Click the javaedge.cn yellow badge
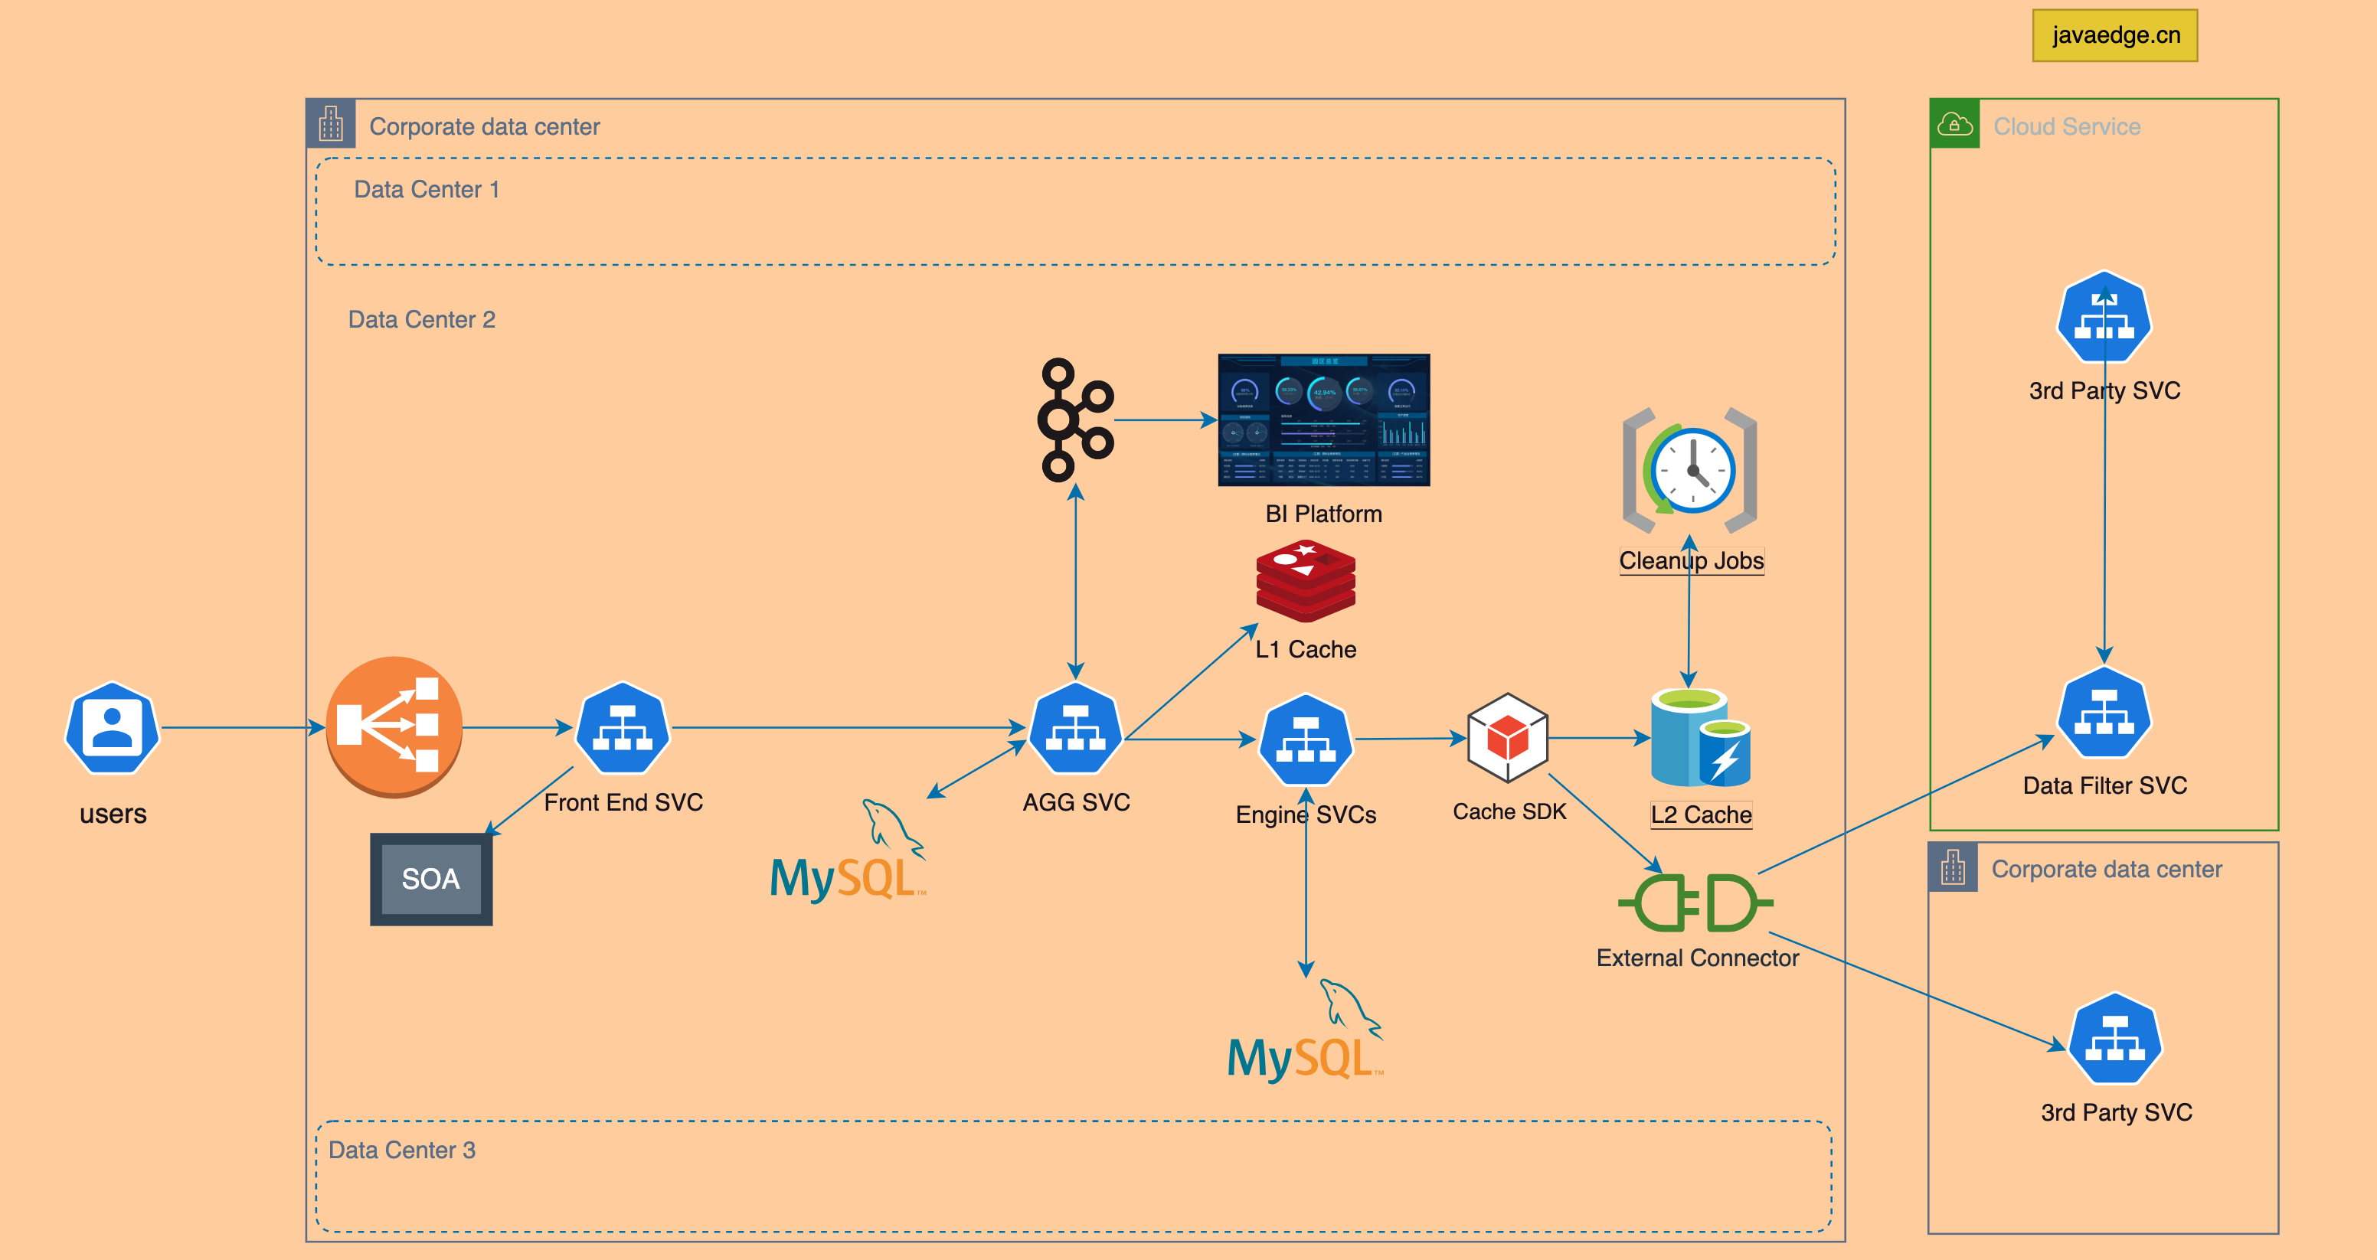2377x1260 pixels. (x=2114, y=35)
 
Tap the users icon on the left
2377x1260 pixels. (x=113, y=728)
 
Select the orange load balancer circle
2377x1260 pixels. (x=394, y=726)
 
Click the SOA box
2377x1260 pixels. (x=431, y=878)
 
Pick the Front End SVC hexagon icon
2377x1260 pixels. (x=623, y=728)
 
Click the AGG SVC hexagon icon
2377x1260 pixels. (x=1075, y=728)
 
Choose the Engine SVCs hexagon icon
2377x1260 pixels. (x=1306, y=739)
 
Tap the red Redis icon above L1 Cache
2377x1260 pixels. (x=1306, y=581)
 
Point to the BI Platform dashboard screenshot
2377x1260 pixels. (x=1323, y=419)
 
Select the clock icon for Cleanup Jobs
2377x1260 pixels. (x=1691, y=471)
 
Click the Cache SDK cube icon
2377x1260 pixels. (x=1507, y=738)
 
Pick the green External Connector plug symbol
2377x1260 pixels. (x=1695, y=903)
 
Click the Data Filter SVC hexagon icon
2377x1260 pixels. (x=2104, y=713)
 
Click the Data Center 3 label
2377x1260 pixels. (x=402, y=1151)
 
